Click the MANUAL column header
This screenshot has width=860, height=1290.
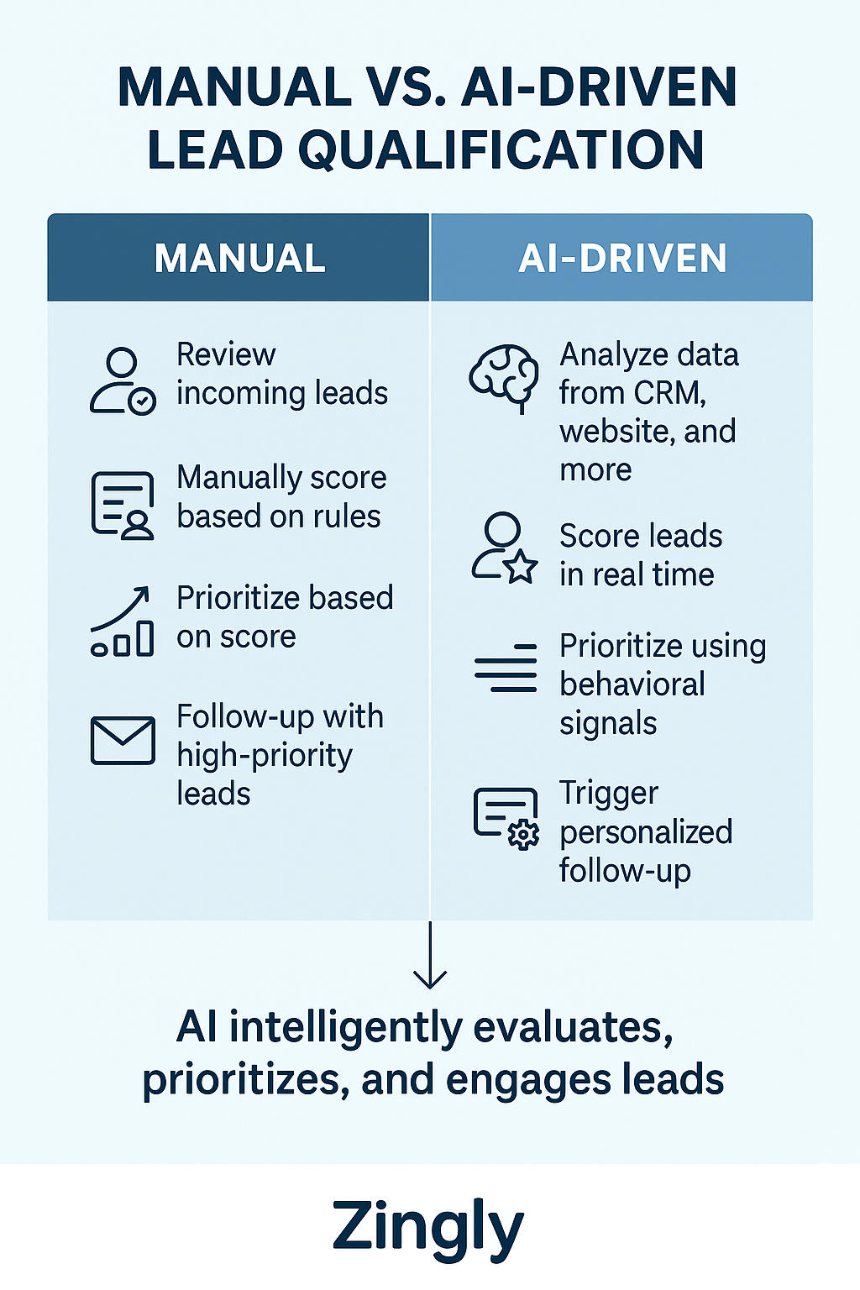239,258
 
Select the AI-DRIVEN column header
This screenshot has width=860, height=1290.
622,258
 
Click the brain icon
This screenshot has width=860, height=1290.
504,375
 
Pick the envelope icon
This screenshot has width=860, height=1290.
123,740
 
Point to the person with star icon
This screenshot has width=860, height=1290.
504,548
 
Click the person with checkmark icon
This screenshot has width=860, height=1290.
123,381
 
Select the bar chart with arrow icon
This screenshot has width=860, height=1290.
123,621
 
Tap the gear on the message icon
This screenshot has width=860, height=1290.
523,834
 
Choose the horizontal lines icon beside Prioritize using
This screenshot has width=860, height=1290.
506,668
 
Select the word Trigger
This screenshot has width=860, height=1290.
609,794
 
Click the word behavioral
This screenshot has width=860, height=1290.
632,684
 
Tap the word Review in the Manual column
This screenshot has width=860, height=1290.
226,354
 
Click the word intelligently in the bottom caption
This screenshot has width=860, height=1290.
345,1027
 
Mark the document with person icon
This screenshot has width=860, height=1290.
123,504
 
